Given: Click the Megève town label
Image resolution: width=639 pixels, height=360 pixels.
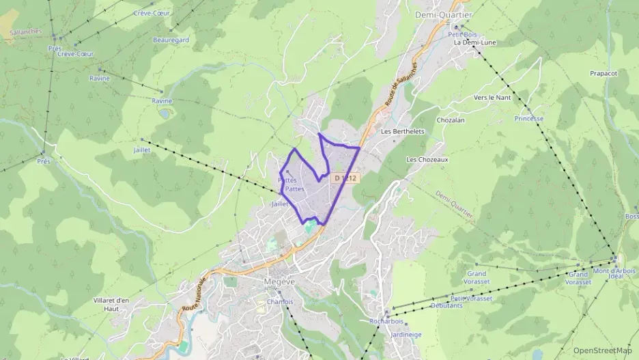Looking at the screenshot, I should (x=279, y=281).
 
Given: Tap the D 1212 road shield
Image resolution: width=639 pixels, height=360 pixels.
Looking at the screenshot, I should (x=345, y=178).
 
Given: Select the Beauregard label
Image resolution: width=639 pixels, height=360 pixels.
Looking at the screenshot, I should (x=171, y=40).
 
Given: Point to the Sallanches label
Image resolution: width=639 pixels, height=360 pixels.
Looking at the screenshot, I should (x=25, y=31).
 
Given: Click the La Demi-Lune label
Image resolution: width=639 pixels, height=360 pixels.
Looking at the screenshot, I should (x=474, y=42).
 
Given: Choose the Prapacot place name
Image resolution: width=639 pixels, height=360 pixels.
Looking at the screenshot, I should (x=603, y=73).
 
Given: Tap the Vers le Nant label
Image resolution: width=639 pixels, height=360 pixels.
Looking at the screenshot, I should (x=492, y=98).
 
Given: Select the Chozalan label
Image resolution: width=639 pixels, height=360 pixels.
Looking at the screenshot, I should (x=450, y=120).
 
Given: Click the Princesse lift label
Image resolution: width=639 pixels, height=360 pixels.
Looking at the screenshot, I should (x=529, y=118).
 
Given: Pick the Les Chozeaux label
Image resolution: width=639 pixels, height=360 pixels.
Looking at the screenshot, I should (x=427, y=159).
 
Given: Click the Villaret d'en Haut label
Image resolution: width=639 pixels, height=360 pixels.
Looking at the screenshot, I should (x=111, y=304).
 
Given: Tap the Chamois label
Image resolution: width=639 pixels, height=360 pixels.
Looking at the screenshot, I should (x=280, y=301).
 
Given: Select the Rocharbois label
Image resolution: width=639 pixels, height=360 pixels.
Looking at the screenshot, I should (x=386, y=321).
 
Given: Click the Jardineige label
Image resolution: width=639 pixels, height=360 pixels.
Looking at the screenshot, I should (x=406, y=335).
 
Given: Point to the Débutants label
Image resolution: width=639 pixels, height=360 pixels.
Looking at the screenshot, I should (x=446, y=305).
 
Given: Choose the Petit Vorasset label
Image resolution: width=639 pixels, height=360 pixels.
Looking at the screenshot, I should (x=471, y=299).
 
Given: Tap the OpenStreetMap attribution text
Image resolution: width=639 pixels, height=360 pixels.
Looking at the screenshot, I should (x=602, y=350).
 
